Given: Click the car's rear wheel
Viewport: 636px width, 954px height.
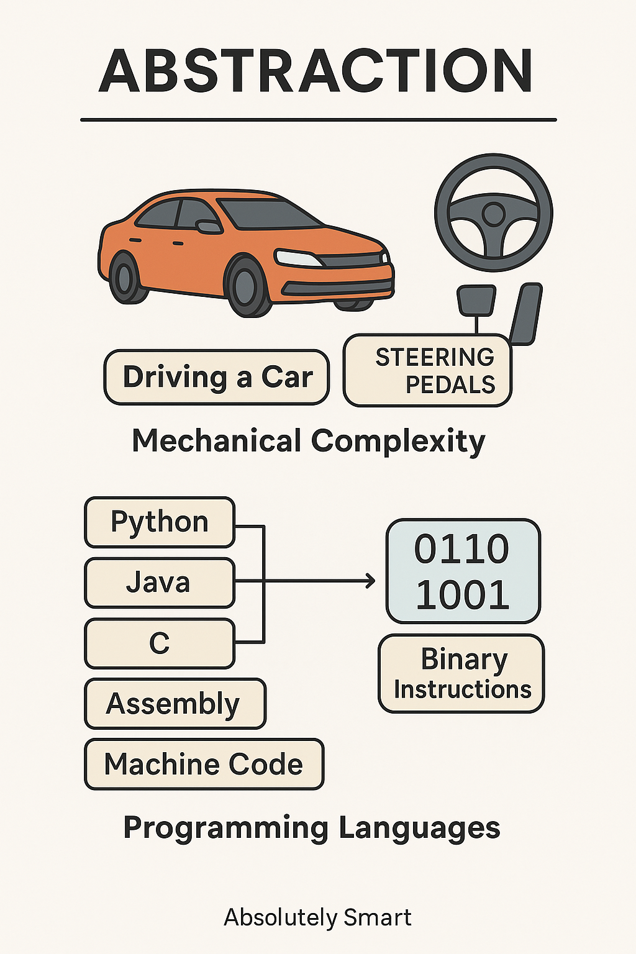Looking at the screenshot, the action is click(x=125, y=277).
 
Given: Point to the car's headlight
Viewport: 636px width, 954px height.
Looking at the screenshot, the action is click(x=299, y=258).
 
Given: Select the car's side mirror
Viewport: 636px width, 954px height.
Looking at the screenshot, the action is click(x=208, y=227).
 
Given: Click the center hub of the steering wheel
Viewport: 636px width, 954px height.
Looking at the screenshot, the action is click(x=493, y=214).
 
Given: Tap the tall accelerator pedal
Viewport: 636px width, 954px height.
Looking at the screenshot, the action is click(x=526, y=314).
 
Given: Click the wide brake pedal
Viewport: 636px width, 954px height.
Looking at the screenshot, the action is click(x=476, y=300).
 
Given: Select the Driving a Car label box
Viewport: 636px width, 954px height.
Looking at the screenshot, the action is click(x=217, y=377).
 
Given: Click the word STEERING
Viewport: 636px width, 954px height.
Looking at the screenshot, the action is click(x=435, y=357).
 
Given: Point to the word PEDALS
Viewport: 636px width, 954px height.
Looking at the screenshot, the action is click(x=450, y=384).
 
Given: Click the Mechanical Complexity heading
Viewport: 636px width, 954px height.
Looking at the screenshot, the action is click(x=309, y=441).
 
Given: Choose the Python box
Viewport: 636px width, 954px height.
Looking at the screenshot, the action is click(x=160, y=522).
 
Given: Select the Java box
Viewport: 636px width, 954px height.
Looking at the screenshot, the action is click(x=160, y=583).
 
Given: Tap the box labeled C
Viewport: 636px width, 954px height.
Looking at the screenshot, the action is click(x=160, y=643).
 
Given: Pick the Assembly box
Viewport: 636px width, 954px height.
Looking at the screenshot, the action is click(x=176, y=704).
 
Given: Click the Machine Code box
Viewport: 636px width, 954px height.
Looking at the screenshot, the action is click(x=204, y=764).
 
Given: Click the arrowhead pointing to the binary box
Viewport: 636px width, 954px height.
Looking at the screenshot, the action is click(x=371, y=581).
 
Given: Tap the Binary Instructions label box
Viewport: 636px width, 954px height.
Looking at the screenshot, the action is click(x=461, y=673).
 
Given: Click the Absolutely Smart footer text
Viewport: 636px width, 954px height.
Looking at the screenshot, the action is click(x=318, y=917).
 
